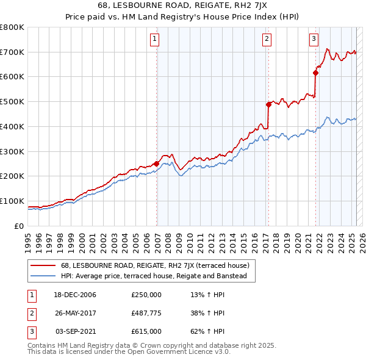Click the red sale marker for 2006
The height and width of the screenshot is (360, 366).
click(x=157, y=164)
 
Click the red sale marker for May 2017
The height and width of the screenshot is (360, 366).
click(x=268, y=104)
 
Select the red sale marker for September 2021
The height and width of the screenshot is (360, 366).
click(x=315, y=73)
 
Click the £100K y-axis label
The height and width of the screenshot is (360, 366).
click(x=12, y=201)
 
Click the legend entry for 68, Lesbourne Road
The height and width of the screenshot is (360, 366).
click(x=155, y=265)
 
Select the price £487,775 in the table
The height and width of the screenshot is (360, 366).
click(x=146, y=313)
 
